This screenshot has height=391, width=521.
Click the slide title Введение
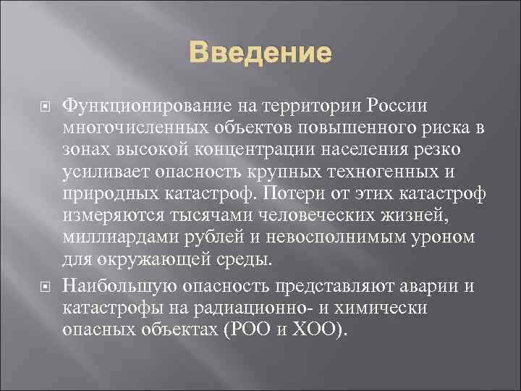coord(260,54)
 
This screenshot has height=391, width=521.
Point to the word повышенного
coord(363,128)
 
